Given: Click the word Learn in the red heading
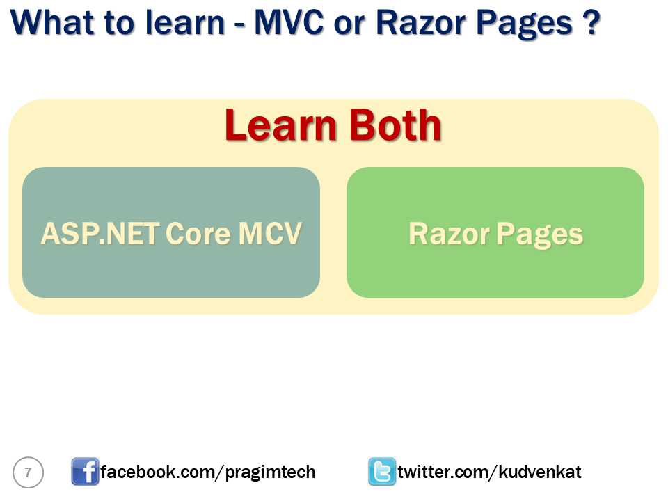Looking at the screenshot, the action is pyautogui.click(x=281, y=126).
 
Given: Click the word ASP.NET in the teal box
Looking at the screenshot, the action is pyautogui.click(x=97, y=234).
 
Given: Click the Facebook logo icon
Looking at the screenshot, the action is pyautogui.click(x=85, y=472).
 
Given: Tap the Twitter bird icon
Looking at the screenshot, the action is pyautogui.click(x=381, y=472).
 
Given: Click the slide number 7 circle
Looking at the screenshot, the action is pyautogui.click(x=28, y=472).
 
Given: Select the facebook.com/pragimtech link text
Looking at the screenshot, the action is pyautogui.click(x=207, y=472).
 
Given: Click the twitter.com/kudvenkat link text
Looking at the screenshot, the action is pyautogui.click(x=489, y=472).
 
